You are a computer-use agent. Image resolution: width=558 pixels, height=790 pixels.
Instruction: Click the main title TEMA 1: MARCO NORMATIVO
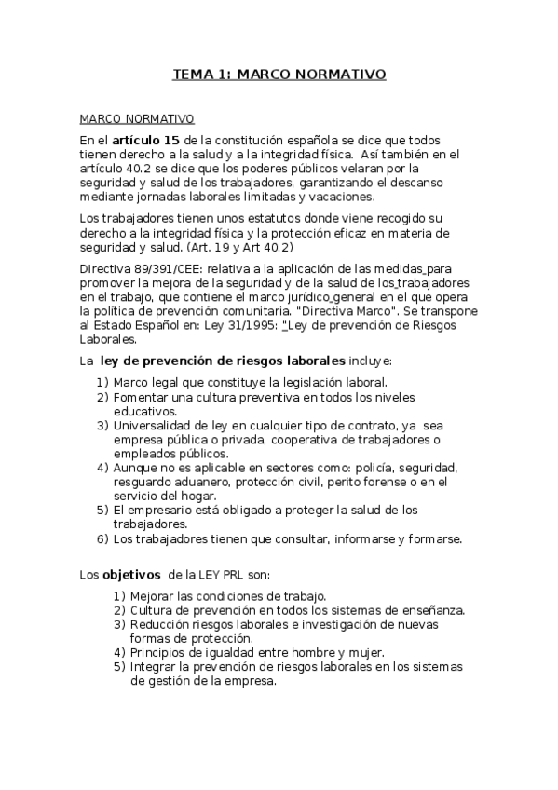tap(279, 74)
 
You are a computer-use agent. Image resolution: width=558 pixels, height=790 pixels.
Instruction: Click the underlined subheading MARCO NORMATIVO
tap(136, 118)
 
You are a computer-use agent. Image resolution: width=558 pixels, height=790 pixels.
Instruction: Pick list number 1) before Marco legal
tap(102, 382)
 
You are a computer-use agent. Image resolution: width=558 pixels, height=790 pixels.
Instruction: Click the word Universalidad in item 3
tap(153, 425)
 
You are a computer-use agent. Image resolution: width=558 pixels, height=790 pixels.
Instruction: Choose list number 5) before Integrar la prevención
tap(119, 667)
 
